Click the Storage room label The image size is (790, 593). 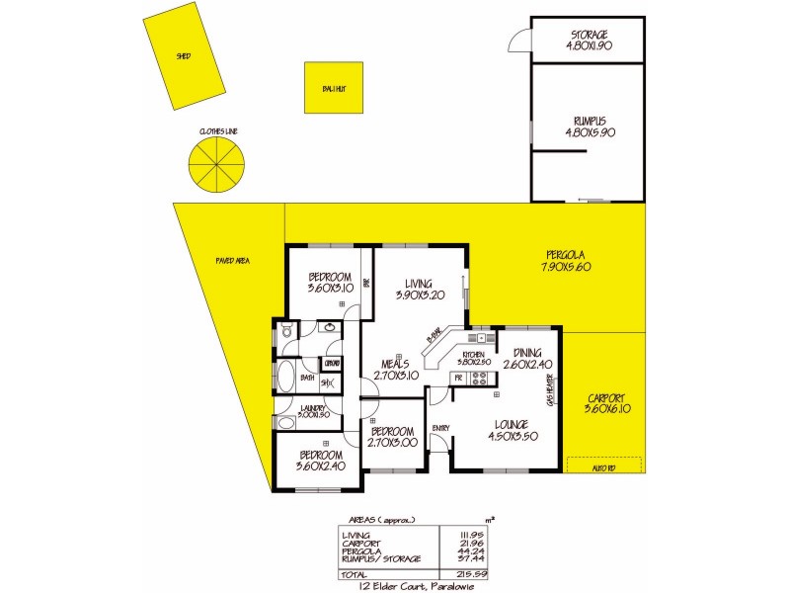(590, 39)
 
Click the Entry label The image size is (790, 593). (440, 427)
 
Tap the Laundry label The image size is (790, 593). (315, 410)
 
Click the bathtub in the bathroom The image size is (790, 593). (287, 379)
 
